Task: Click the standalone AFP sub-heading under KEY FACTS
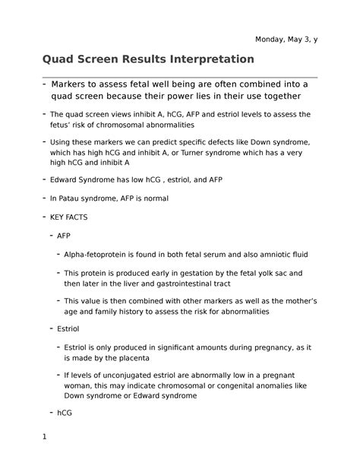65,236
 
